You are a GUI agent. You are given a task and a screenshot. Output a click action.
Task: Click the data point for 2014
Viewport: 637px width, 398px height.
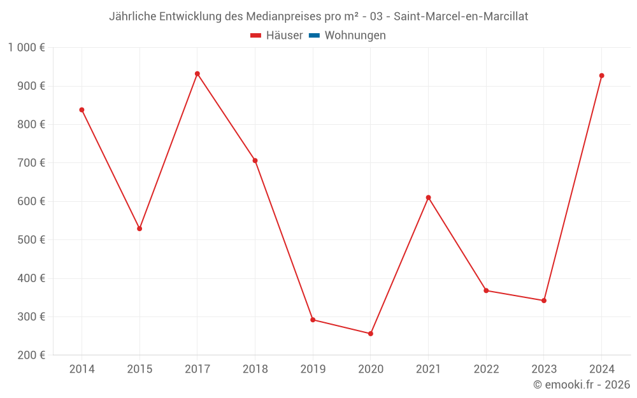pos(82,110)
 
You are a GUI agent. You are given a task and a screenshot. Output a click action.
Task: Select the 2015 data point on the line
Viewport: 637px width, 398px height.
pos(140,229)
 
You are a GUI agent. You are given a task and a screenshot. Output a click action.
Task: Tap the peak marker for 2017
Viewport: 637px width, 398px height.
pos(197,74)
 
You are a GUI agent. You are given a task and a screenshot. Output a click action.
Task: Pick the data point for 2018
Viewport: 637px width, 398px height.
pos(255,160)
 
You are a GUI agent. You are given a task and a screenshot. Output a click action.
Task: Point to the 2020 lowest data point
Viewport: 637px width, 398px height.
pos(371,334)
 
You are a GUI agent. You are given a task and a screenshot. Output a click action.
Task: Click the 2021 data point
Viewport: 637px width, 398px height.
pos(428,197)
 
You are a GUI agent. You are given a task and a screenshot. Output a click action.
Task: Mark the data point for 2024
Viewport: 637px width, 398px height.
pos(601,76)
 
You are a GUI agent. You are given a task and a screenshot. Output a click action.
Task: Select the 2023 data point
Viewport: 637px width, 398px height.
pos(544,301)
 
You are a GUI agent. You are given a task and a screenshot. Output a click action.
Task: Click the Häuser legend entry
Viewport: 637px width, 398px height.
pos(276,36)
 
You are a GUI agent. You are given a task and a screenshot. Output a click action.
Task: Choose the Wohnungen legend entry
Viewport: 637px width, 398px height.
pos(348,36)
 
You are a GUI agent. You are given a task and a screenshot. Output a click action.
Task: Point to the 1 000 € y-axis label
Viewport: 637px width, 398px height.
pos(26,48)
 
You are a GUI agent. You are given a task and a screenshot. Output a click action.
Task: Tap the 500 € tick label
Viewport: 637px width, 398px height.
pos(32,240)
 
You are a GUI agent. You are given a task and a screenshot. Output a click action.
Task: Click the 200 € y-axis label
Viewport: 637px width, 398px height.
pos(32,355)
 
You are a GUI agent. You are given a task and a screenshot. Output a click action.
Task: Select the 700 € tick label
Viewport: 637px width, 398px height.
pos(32,163)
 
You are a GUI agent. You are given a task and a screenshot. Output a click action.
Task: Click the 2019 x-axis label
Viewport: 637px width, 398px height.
pos(313,369)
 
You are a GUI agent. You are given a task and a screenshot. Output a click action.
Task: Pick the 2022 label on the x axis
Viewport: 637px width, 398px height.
pos(486,369)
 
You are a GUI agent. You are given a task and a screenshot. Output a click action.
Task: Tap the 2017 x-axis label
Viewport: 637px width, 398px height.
pos(197,369)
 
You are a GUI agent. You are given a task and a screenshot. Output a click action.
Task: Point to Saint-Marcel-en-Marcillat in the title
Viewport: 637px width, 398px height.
pos(461,17)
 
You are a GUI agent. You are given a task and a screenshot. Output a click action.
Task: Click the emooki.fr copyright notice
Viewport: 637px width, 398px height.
pos(582,385)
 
